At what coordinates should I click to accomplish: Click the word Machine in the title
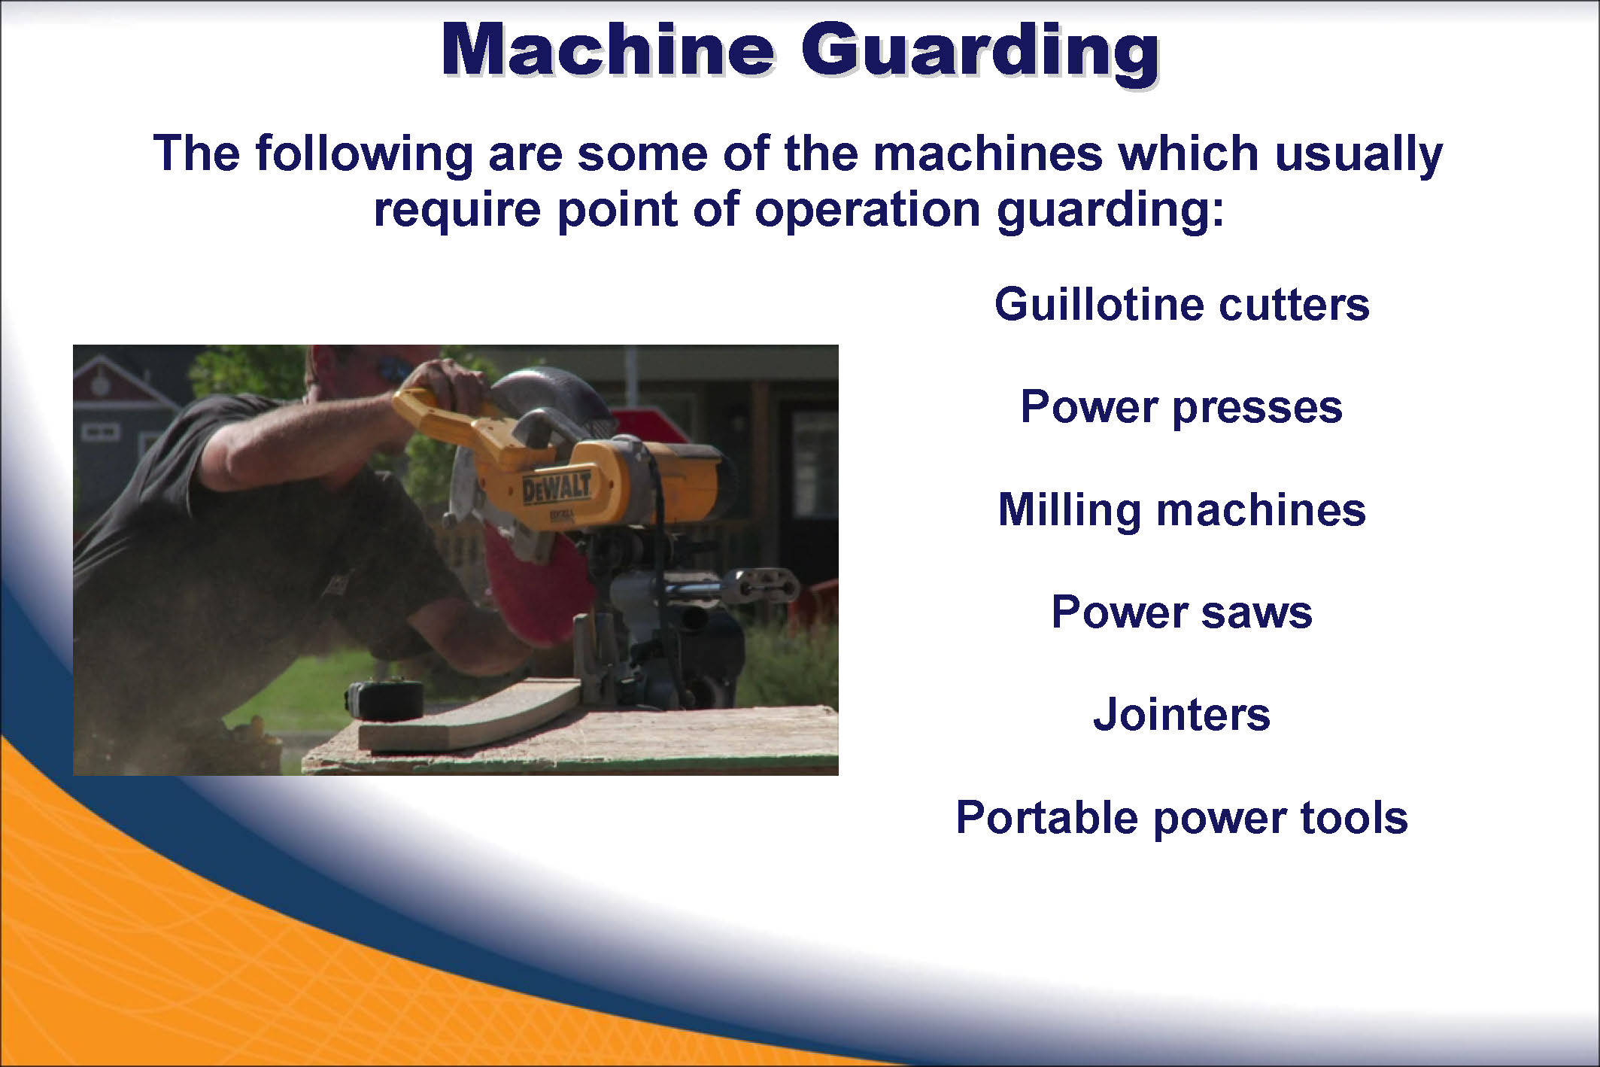pyautogui.click(x=607, y=50)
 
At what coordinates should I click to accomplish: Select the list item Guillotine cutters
pyautogui.click(x=1182, y=304)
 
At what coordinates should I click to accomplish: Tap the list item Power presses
pyautogui.click(x=1181, y=407)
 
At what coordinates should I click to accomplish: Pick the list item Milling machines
pyautogui.click(x=1182, y=509)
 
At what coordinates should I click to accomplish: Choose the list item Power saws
pyautogui.click(x=1182, y=612)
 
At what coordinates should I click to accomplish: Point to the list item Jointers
pyautogui.click(x=1182, y=714)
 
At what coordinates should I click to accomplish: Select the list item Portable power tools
pyautogui.click(x=1182, y=817)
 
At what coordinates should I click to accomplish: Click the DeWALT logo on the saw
pyautogui.click(x=557, y=488)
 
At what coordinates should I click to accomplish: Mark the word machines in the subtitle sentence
pyautogui.click(x=988, y=153)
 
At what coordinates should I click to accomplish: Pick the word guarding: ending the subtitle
pyautogui.click(x=1110, y=211)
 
